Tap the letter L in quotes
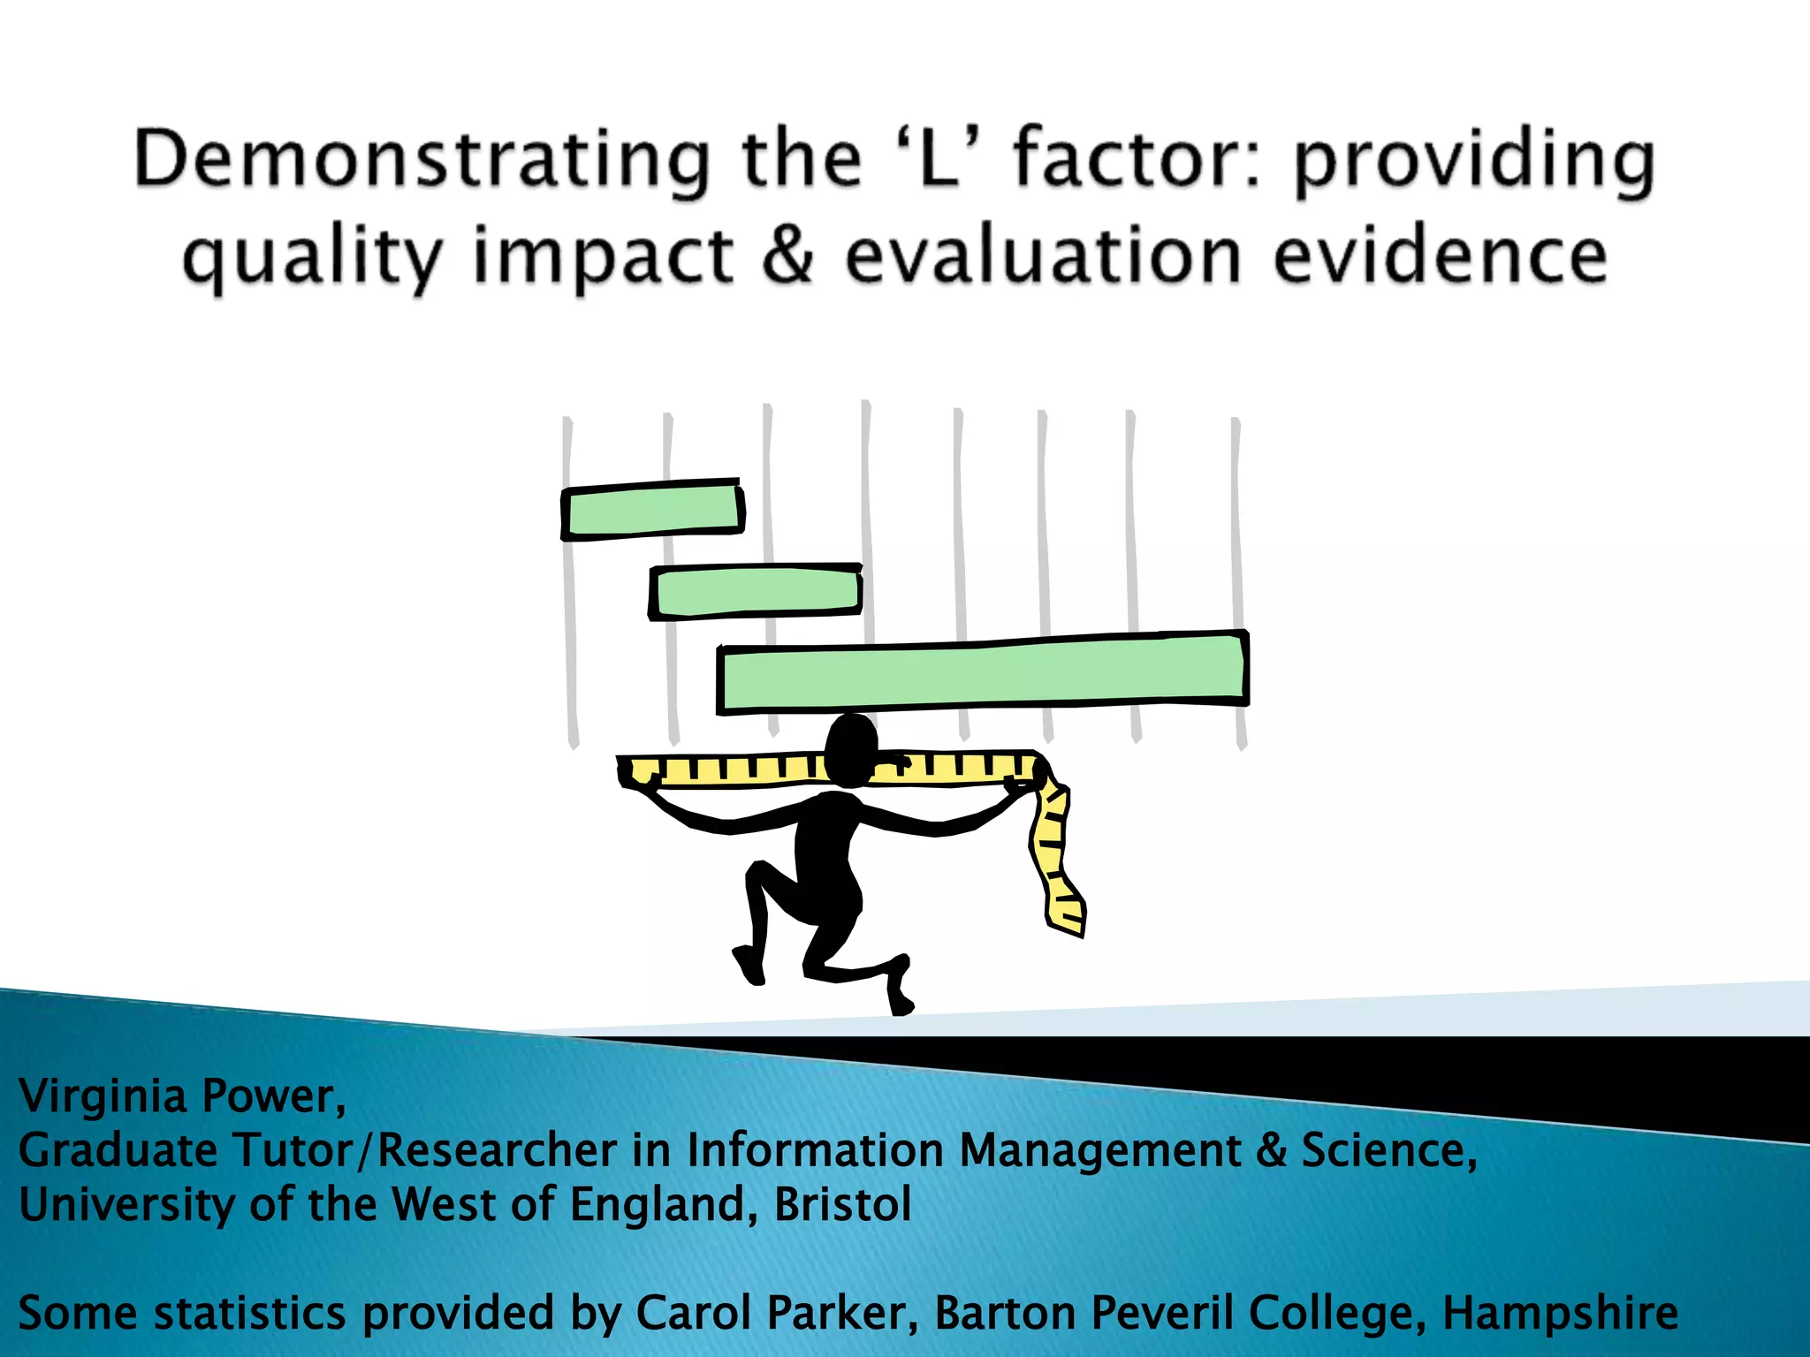pyautogui.click(x=939, y=159)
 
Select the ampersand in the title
pyautogui.click(x=788, y=256)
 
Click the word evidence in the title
pyautogui.click(x=1440, y=256)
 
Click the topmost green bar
pyautogui.click(x=652, y=510)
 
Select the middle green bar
pyautogui.click(x=756, y=591)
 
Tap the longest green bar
pyautogui.click(x=982, y=672)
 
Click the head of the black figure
pyautogui.click(x=850, y=747)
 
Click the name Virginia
pyautogui.click(x=103, y=1096)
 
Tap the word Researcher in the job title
pyautogui.click(x=497, y=1150)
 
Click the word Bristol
pyautogui.click(x=842, y=1204)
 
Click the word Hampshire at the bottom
pyautogui.click(x=1560, y=1313)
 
